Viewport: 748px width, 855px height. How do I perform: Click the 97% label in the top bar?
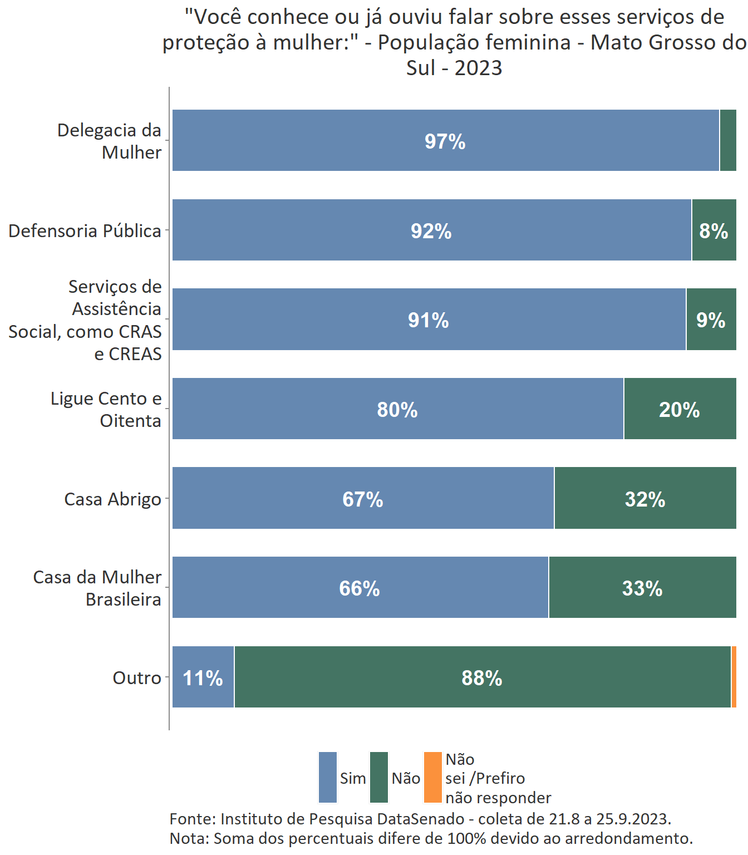point(445,141)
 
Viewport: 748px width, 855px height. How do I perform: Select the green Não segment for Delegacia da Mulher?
point(728,140)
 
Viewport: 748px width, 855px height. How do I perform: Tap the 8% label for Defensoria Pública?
point(713,231)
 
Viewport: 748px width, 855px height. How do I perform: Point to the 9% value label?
point(711,320)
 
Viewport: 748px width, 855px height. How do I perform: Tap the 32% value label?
point(644,499)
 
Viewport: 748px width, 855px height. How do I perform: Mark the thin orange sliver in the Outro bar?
point(734,677)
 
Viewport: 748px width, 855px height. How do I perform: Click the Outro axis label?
point(137,678)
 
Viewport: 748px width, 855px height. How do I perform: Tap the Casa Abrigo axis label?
point(112,499)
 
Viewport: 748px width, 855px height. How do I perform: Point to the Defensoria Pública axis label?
point(85,231)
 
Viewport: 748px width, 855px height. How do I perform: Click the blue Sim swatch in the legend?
point(328,778)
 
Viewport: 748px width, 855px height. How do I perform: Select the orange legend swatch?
point(432,778)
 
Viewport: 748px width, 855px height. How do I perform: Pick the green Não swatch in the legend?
point(379,778)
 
